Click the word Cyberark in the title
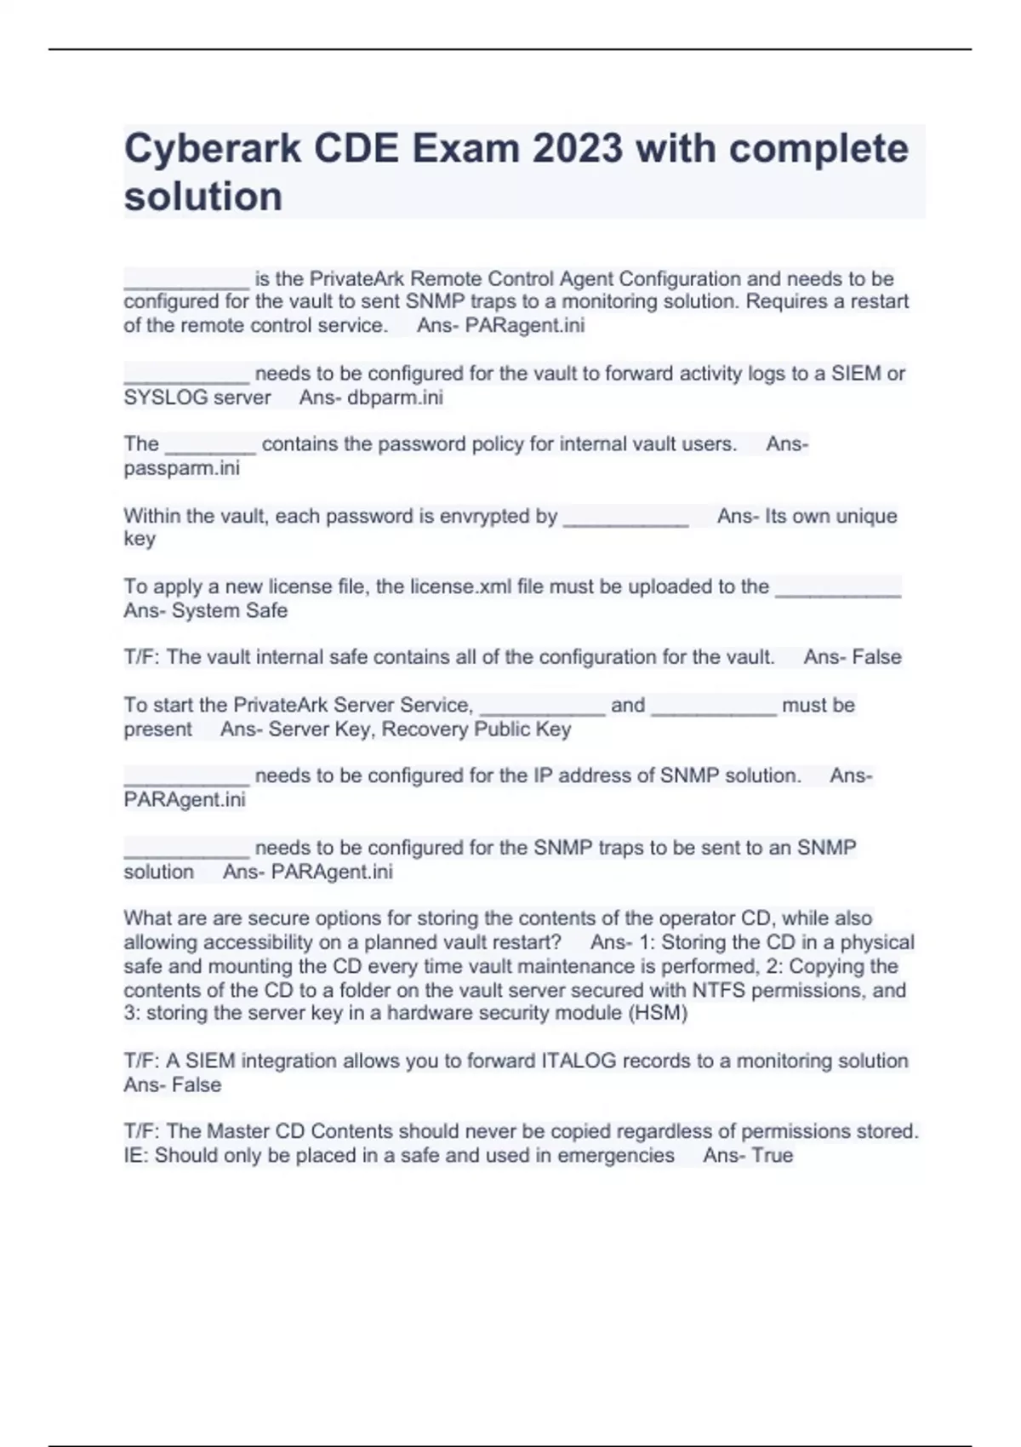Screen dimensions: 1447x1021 point(212,149)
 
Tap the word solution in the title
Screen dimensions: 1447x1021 point(203,197)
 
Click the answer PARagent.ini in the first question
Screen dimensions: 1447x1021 point(524,325)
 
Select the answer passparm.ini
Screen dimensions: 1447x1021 point(182,468)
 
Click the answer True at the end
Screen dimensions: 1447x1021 point(773,1155)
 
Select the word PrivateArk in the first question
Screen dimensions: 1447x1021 point(356,278)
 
